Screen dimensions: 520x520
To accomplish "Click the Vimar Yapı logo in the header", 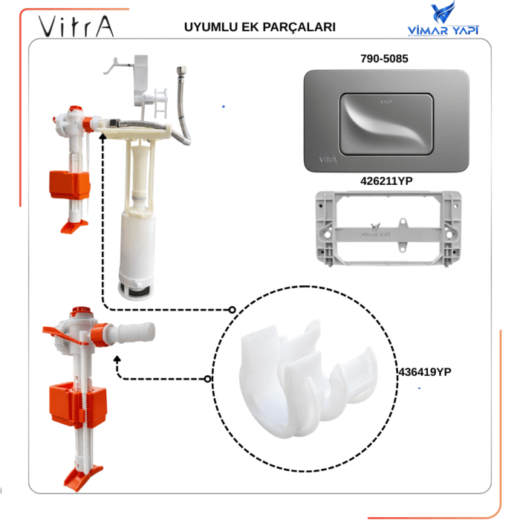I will (443, 20).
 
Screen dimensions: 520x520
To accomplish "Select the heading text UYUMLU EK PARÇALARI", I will (259, 27).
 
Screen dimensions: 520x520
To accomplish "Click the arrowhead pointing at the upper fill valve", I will (101, 131).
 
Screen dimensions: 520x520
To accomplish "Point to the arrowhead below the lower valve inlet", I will (117, 359).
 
